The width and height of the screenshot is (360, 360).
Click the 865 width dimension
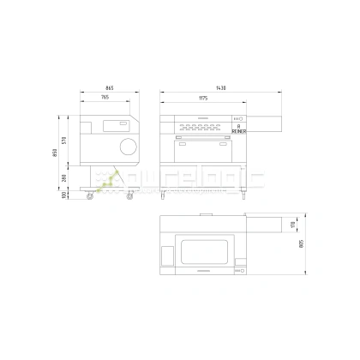(x=110, y=89)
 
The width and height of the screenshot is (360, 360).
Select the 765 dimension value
(x=105, y=99)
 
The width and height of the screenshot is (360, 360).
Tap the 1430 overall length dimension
(x=221, y=89)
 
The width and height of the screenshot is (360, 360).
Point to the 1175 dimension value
(x=203, y=99)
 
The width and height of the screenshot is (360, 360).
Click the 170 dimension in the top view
(x=292, y=225)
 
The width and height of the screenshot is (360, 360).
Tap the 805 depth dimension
(x=302, y=243)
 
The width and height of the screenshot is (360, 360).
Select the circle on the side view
(x=128, y=145)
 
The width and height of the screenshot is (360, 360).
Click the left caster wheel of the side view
(x=90, y=197)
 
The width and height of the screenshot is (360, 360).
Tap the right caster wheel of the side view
(x=130, y=197)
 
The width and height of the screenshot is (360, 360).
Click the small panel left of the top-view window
(x=167, y=254)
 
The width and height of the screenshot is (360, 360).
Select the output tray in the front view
(x=263, y=125)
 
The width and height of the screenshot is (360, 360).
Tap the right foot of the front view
(x=243, y=195)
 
